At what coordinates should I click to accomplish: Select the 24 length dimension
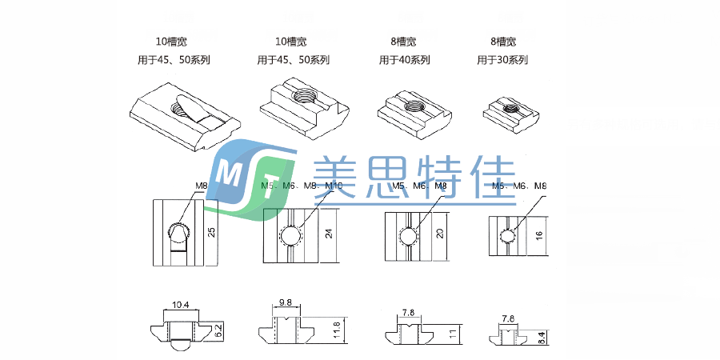(328, 235)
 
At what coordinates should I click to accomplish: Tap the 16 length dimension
(538, 237)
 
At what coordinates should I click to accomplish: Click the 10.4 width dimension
(180, 305)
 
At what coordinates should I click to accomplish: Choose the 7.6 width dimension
(507, 318)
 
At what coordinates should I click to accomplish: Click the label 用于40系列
(404, 60)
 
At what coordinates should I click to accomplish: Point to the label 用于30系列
(502, 60)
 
